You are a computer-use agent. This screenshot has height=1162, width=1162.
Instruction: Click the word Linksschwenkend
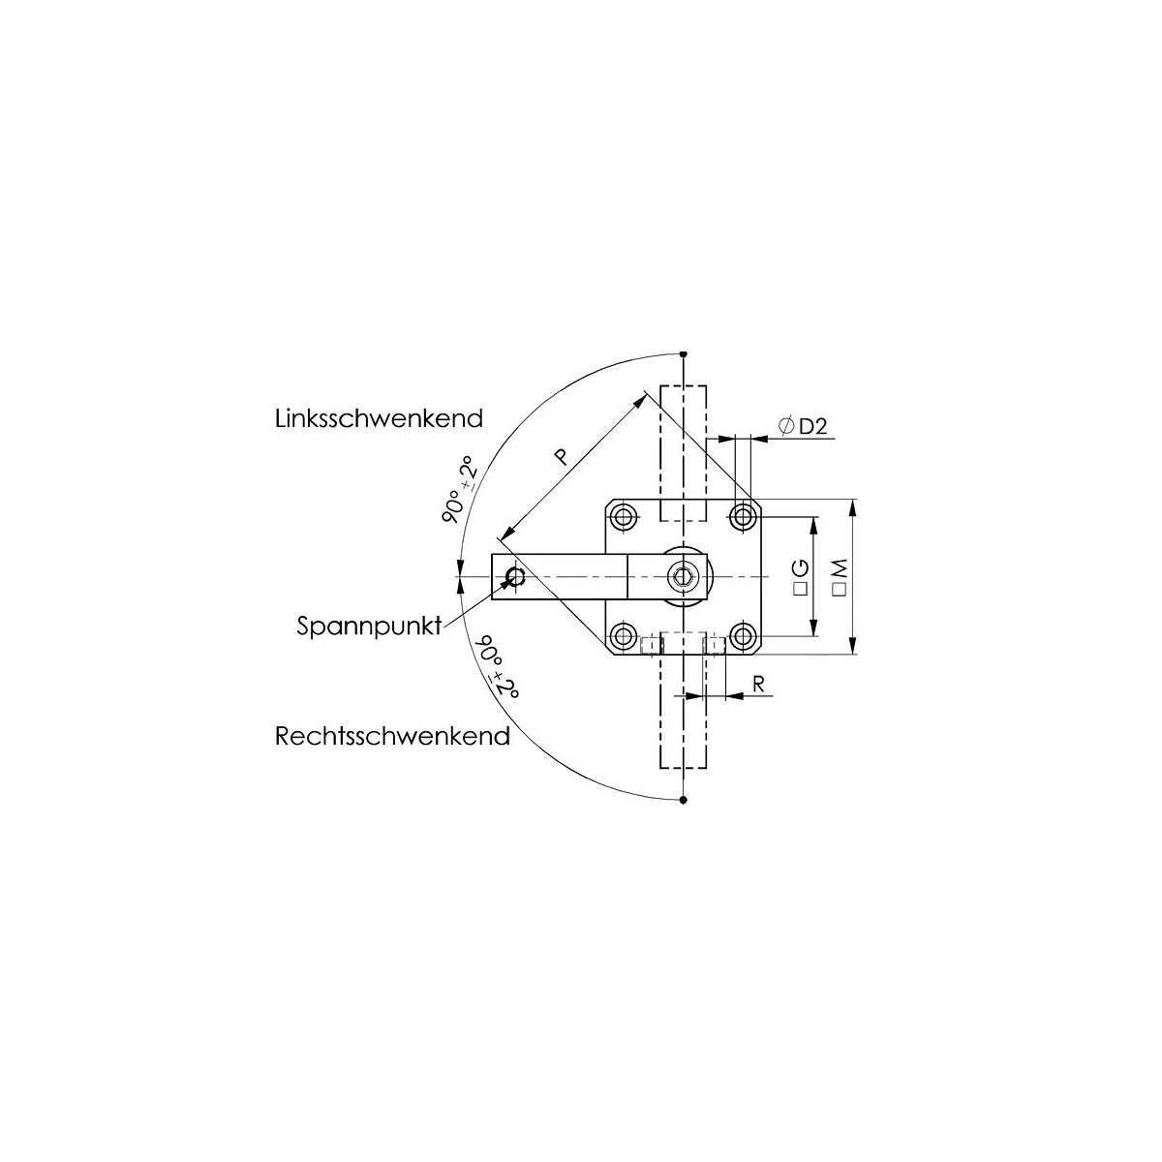pos(379,418)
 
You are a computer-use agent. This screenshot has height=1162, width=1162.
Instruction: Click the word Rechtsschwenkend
pos(392,736)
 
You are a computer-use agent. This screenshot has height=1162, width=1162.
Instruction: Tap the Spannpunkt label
pos(369,626)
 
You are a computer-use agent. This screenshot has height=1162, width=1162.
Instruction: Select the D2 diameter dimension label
pos(803,426)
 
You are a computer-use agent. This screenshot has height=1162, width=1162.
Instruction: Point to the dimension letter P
pos(561,456)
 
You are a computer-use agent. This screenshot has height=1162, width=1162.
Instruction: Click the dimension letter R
pos(758,684)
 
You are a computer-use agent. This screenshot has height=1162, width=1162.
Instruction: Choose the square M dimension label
pos(840,577)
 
